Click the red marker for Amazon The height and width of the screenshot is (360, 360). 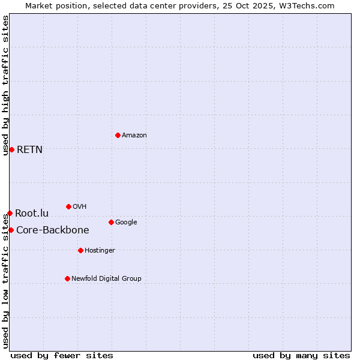pyautogui.click(x=118, y=135)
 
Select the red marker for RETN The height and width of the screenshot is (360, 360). pyautogui.click(x=11, y=149)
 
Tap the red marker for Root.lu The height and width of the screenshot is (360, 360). pyautogui.click(x=10, y=213)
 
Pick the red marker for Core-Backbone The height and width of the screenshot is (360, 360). pyautogui.click(x=11, y=230)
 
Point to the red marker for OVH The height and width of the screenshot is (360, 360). pyautogui.click(x=68, y=206)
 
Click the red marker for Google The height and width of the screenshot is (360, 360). pyautogui.click(x=111, y=222)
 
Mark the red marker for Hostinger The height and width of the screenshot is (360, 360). pyautogui.click(x=80, y=250)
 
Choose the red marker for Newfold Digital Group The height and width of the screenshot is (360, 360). pyautogui.click(x=67, y=278)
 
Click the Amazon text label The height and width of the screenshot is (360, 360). pyautogui.click(x=134, y=136)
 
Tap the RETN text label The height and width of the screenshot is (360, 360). pyautogui.click(x=29, y=150)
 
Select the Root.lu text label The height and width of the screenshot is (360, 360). pyautogui.click(x=32, y=214)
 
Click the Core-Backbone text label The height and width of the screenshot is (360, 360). pyautogui.click(x=52, y=230)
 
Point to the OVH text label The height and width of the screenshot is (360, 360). pyautogui.click(x=79, y=207)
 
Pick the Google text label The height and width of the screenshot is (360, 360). pyautogui.click(x=126, y=223)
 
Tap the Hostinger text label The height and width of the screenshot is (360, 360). pyautogui.click(x=100, y=251)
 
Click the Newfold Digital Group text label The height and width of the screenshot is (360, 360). pyautogui.click(x=106, y=279)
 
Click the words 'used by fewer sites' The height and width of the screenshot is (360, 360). pyautogui.click(x=62, y=355)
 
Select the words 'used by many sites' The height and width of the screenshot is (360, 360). pyautogui.click(x=301, y=355)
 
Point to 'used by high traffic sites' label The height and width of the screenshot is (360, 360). pyautogui.click(x=5, y=85)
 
